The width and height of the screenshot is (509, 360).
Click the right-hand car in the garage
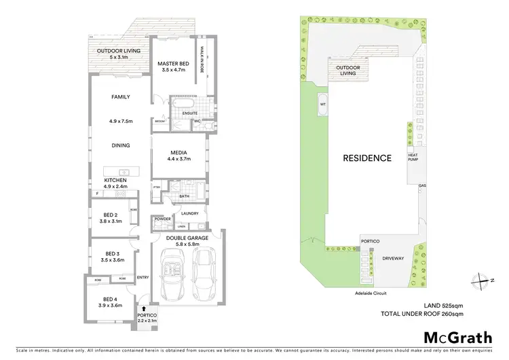205,274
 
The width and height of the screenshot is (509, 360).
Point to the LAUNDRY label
189,213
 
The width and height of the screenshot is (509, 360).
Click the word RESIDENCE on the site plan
366,158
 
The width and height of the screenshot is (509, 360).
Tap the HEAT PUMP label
413,158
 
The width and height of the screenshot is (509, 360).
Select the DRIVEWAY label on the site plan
393,258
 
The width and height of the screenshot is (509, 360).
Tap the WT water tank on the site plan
322,105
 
